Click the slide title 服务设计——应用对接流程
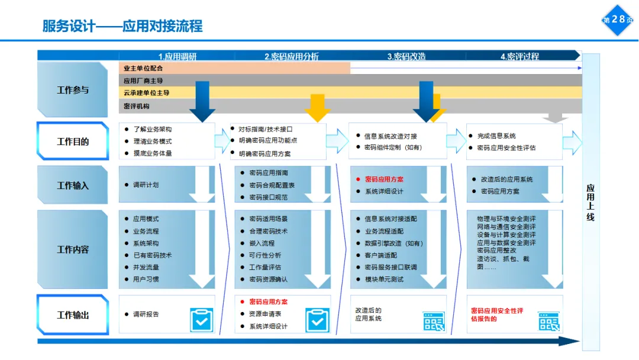(122, 26)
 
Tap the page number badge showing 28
(618, 20)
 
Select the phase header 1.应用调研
(177, 56)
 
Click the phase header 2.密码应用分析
(291, 56)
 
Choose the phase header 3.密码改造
(406, 56)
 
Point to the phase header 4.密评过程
(519, 56)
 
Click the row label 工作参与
(73, 90)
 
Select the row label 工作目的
(73, 142)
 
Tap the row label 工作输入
(73, 185)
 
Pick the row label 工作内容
(73, 249)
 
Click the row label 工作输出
(73, 315)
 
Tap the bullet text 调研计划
(146, 185)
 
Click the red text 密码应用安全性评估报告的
(497, 314)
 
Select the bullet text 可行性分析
(265, 255)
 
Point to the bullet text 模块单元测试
(384, 279)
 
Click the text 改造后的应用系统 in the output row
(369, 314)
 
